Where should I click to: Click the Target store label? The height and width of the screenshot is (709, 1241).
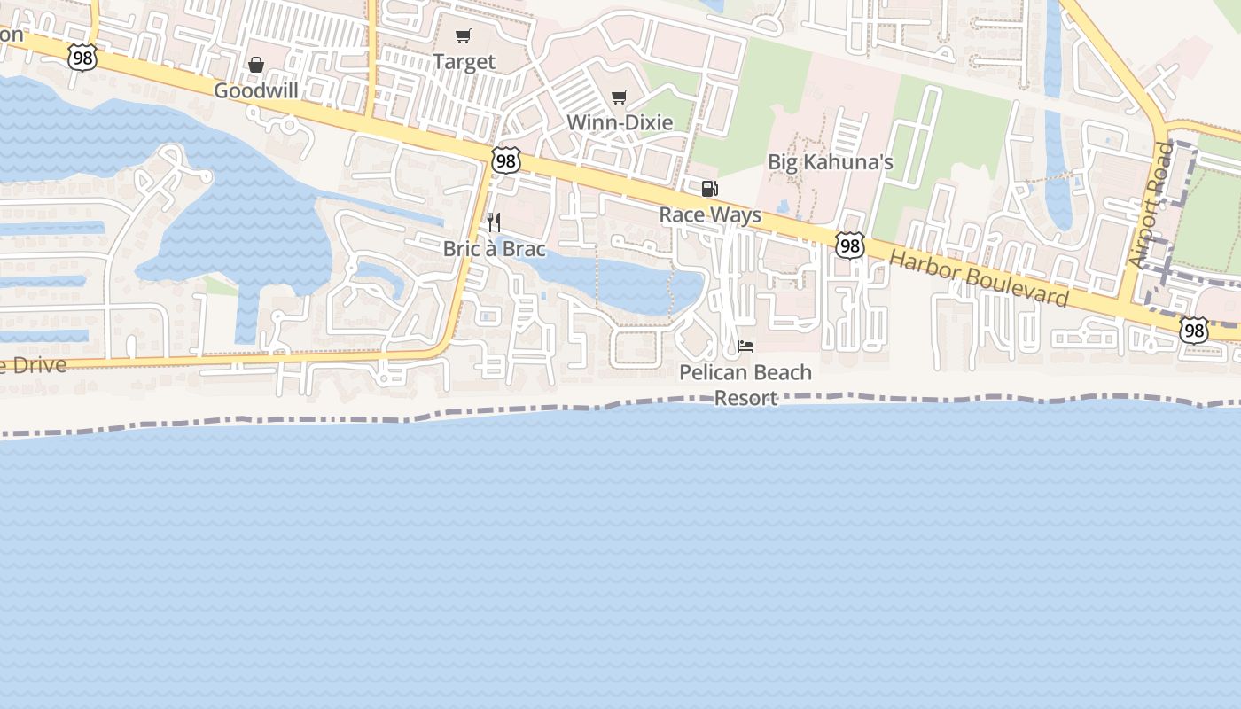464,62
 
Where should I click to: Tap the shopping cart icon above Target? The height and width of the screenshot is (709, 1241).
463,36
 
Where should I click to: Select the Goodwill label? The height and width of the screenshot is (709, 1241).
256,91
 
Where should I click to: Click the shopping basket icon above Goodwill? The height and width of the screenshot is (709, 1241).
256,65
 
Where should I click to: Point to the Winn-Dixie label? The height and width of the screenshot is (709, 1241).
620,122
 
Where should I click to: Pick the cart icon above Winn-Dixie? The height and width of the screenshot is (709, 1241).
620,97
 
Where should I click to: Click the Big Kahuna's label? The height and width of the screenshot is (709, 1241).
830,162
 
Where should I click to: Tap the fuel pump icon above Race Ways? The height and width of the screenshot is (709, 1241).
709,188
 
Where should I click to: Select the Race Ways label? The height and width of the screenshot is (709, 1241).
710,215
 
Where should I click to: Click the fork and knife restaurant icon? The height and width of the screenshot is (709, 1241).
494,222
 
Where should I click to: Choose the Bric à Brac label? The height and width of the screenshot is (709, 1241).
495,249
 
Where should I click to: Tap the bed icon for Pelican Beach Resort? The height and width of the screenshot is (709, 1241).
745,346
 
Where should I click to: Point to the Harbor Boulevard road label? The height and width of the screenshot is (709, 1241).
979,277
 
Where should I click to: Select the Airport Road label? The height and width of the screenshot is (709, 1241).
1151,206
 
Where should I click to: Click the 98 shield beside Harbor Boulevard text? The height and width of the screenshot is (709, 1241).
849,246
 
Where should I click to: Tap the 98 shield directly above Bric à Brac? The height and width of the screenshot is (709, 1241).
505,160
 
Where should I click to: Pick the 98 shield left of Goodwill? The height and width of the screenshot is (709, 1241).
81,58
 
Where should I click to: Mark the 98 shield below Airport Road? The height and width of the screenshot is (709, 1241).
1193,331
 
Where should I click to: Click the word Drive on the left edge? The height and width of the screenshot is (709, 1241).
35,364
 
